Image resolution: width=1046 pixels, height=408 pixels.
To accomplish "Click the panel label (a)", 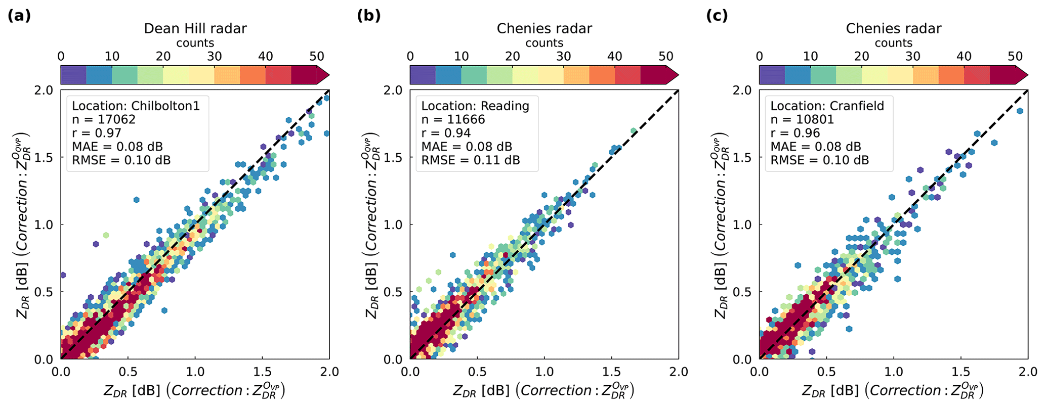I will coord(19,16).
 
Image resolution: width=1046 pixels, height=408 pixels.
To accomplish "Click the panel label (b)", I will coord(368,16).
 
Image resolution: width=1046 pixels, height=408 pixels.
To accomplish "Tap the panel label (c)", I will coord(718,16).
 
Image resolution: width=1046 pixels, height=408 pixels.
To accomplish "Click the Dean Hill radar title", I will coord(195,28).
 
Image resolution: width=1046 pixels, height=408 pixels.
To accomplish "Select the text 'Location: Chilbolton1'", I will coord(136,106).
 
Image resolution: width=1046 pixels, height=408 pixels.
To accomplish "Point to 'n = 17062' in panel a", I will coord(104,120).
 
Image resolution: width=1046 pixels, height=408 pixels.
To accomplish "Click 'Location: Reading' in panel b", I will coord(475,106).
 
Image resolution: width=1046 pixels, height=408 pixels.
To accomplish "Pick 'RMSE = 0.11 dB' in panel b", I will coord(471,160).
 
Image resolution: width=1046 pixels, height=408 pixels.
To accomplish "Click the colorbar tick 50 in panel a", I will coord(317,56).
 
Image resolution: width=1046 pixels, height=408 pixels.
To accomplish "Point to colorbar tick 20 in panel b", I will coord(513,56).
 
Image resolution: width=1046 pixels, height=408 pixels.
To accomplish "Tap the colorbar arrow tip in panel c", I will coord(1027,75).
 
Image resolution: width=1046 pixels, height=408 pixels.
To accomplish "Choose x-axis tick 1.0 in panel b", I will coord(545,373).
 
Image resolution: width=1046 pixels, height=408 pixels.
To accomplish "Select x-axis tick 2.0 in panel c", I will coord(1027,373).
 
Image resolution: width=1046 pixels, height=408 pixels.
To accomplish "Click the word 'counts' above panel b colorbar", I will coord(545,43).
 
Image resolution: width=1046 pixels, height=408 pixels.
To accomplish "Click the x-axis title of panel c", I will coord(893,390).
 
